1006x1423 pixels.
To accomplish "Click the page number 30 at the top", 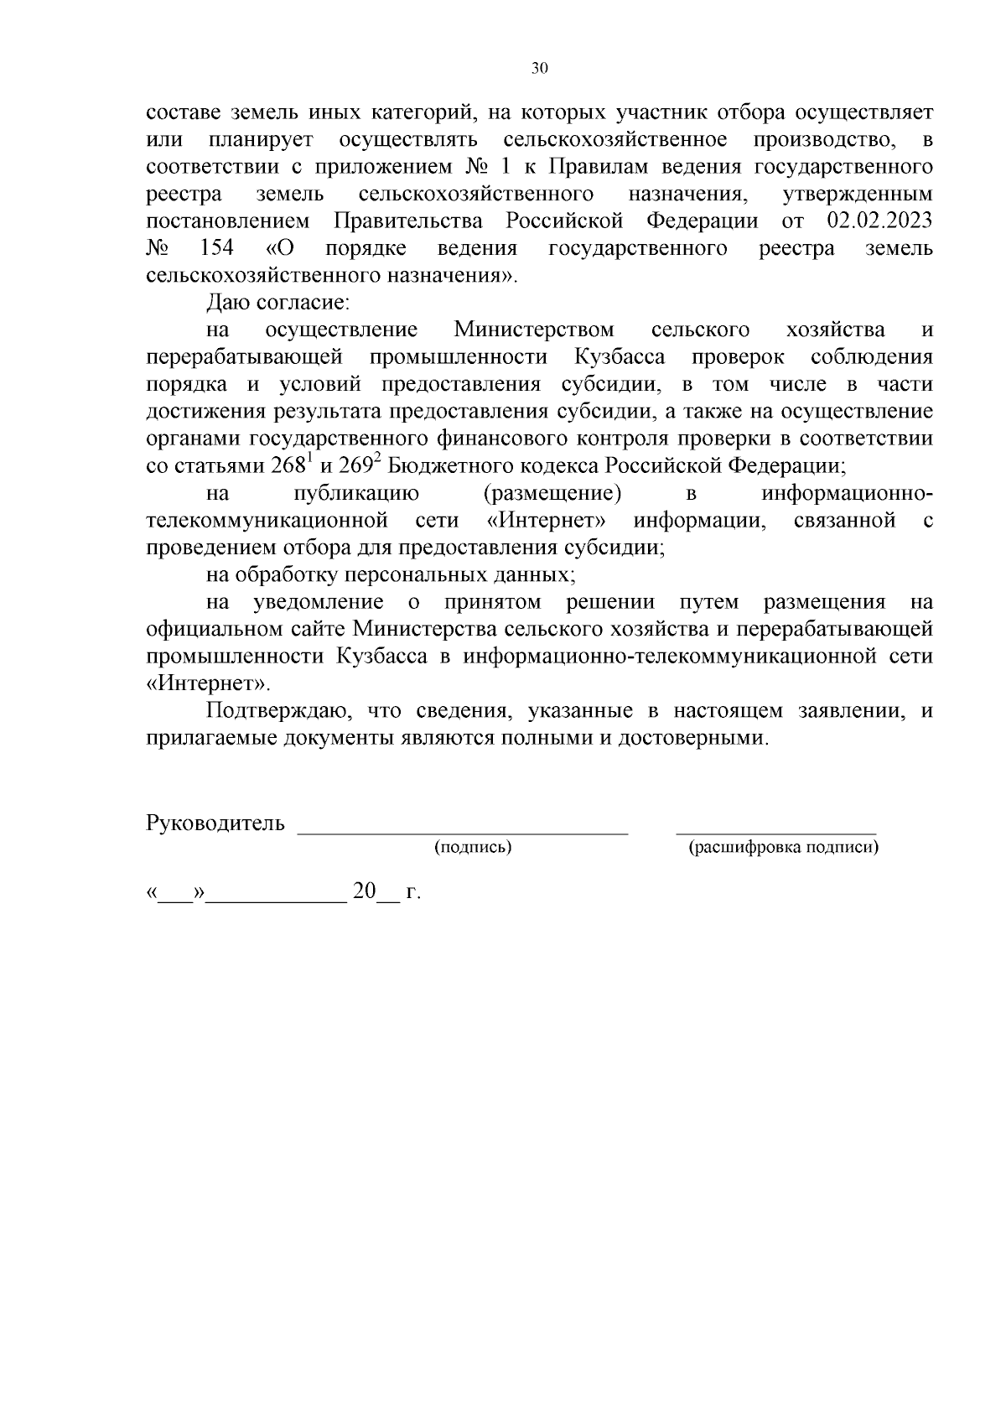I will (x=539, y=69).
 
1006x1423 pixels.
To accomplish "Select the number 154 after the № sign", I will (x=217, y=248).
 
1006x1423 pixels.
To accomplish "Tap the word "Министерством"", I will (x=534, y=330).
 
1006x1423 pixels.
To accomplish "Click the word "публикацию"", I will (x=358, y=493).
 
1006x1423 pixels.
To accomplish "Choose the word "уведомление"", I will (x=319, y=602).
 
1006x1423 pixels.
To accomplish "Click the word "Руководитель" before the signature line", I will (x=215, y=823).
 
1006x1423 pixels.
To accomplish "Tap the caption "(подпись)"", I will (x=473, y=848).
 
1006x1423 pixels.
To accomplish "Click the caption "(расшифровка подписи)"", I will (x=783, y=848).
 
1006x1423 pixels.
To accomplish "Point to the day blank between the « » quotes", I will (x=176, y=900).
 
